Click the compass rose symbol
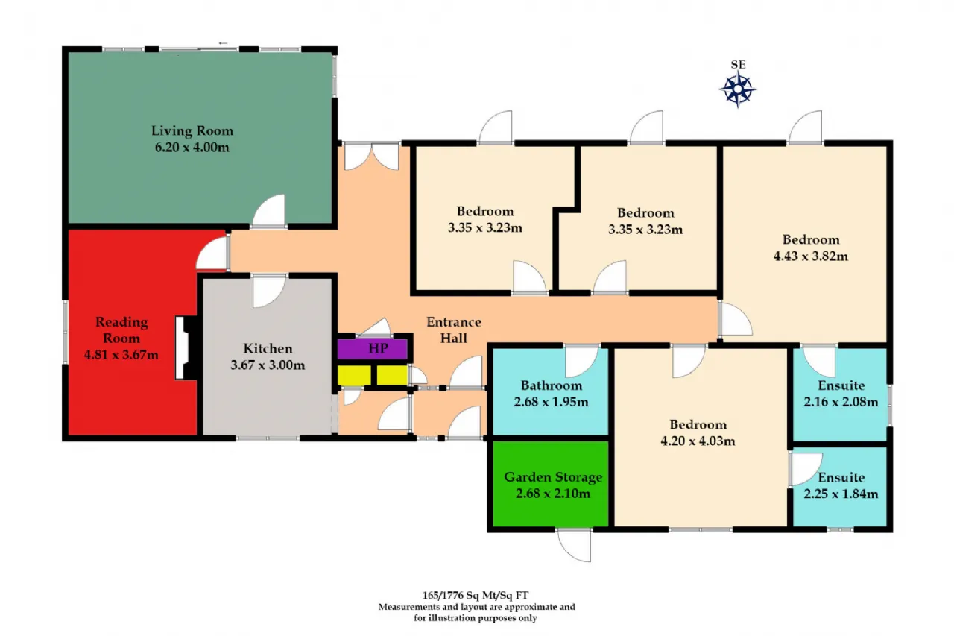(x=738, y=89)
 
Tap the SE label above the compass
(x=738, y=65)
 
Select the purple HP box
(x=373, y=349)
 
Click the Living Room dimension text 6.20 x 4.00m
(x=192, y=147)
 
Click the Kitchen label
(x=268, y=348)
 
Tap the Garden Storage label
(x=553, y=477)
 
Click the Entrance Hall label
(x=453, y=330)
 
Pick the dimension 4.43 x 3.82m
(x=811, y=256)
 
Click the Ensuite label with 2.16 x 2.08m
(x=841, y=385)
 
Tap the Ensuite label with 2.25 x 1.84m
(x=841, y=477)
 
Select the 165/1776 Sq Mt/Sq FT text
(x=477, y=596)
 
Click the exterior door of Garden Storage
(x=575, y=544)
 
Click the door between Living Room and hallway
(x=269, y=212)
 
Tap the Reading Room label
(x=121, y=330)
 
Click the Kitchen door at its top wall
(x=268, y=290)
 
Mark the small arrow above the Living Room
(x=223, y=44)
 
